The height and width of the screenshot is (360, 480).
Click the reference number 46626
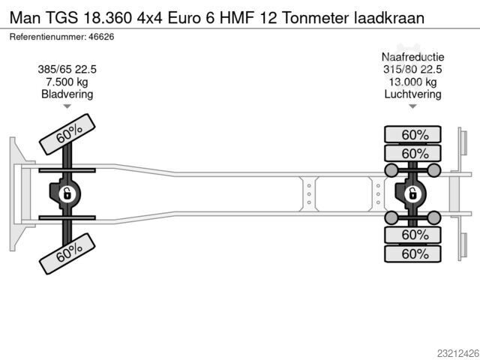[101, 37]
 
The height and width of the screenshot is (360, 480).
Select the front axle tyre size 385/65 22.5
[67, 70]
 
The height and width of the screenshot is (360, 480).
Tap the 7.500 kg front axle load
[67, 82]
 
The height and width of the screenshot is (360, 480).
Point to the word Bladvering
[67, 94]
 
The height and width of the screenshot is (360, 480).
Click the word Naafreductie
[412, 57]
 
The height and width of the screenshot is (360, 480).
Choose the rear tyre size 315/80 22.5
[412, 70]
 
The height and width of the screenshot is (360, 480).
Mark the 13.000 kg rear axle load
[412, 82]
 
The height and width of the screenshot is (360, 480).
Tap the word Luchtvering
[412, 94]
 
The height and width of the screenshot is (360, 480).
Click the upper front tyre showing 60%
[67, 134]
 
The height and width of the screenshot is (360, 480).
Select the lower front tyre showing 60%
[67, 253]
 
